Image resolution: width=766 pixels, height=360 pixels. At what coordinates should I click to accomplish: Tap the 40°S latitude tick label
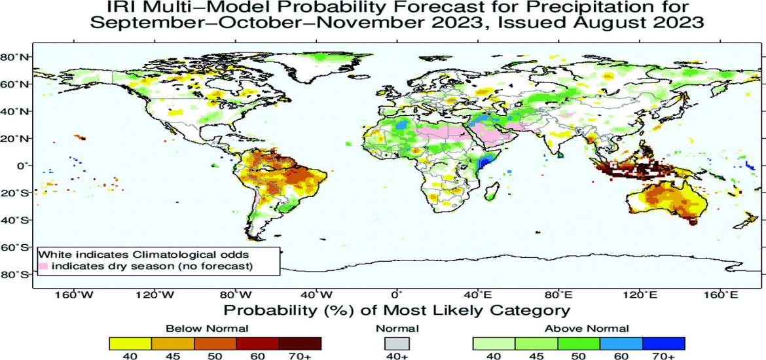coord(15,220)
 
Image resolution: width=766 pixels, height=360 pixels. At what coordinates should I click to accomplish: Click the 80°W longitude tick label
coord(233,296)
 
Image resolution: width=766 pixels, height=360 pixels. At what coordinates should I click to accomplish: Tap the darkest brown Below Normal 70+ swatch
coord(300,343)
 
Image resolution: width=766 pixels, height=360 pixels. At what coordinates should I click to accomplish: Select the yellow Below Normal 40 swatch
coord(130,343)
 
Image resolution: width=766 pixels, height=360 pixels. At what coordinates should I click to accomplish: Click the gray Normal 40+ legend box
coord(396,343)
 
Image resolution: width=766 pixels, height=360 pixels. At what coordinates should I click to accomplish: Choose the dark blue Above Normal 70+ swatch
coord(663,343)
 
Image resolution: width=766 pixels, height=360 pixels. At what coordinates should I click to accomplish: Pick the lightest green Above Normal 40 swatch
coord(494,343)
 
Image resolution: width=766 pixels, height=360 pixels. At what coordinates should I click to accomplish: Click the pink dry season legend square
coord(43,266)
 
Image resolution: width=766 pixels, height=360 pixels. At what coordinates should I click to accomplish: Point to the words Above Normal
coord(587,329)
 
